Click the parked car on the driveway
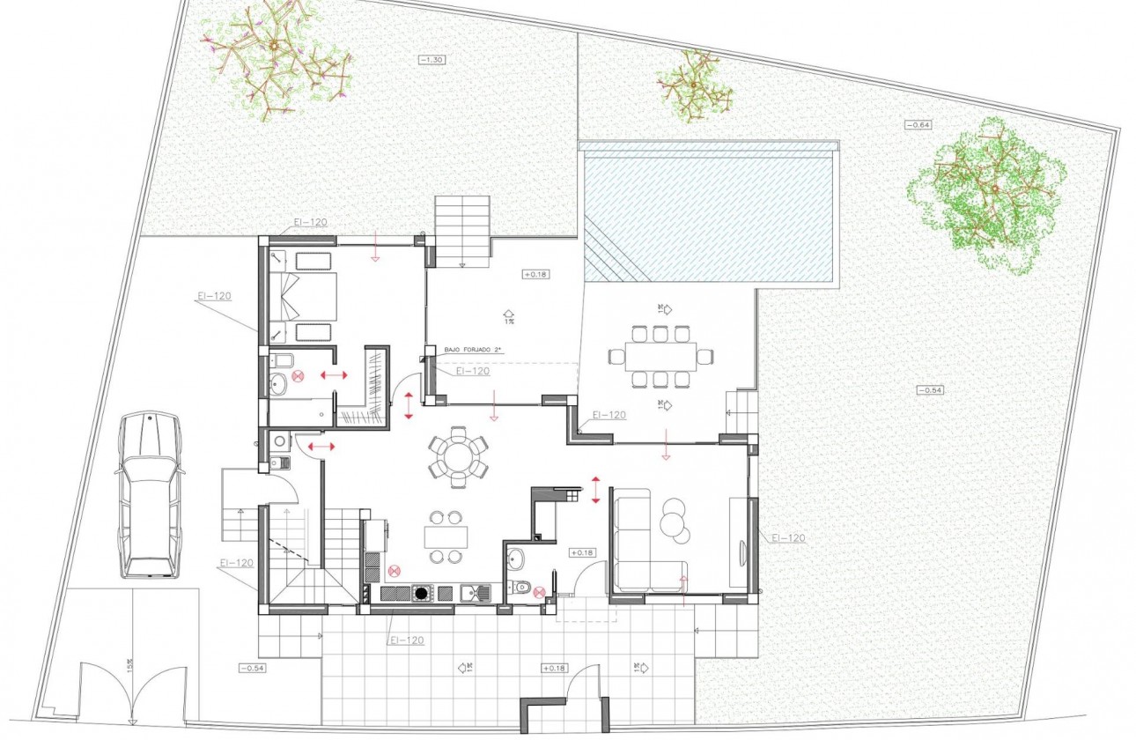[150, 495]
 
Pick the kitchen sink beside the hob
[474, 593]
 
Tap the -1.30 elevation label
[432, 59]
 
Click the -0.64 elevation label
[918, 125]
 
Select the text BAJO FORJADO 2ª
[472, 351]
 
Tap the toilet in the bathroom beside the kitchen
[522, 586]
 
